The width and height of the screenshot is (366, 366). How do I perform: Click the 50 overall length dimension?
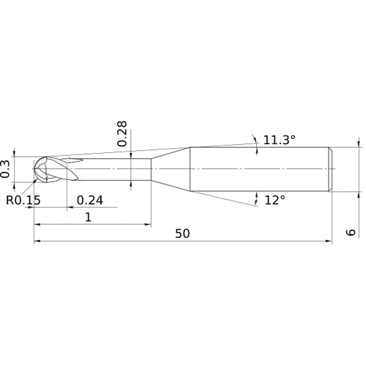pos(182,234)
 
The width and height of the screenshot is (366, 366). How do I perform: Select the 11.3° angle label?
pos(280,140)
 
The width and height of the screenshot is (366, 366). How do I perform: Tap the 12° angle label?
pos(275,201)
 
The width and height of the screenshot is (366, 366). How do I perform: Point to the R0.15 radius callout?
pos(23,200)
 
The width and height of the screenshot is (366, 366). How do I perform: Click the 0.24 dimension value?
pos(90,201)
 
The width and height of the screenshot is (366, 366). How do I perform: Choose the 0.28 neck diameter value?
pos(122,133)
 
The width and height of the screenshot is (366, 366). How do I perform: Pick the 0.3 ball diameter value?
pos(5,169)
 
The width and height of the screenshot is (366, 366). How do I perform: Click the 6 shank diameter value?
pos(351,232)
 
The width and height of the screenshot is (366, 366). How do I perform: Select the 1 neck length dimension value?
pos(89,217)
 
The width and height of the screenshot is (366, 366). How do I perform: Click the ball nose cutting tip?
pos(42,169)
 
